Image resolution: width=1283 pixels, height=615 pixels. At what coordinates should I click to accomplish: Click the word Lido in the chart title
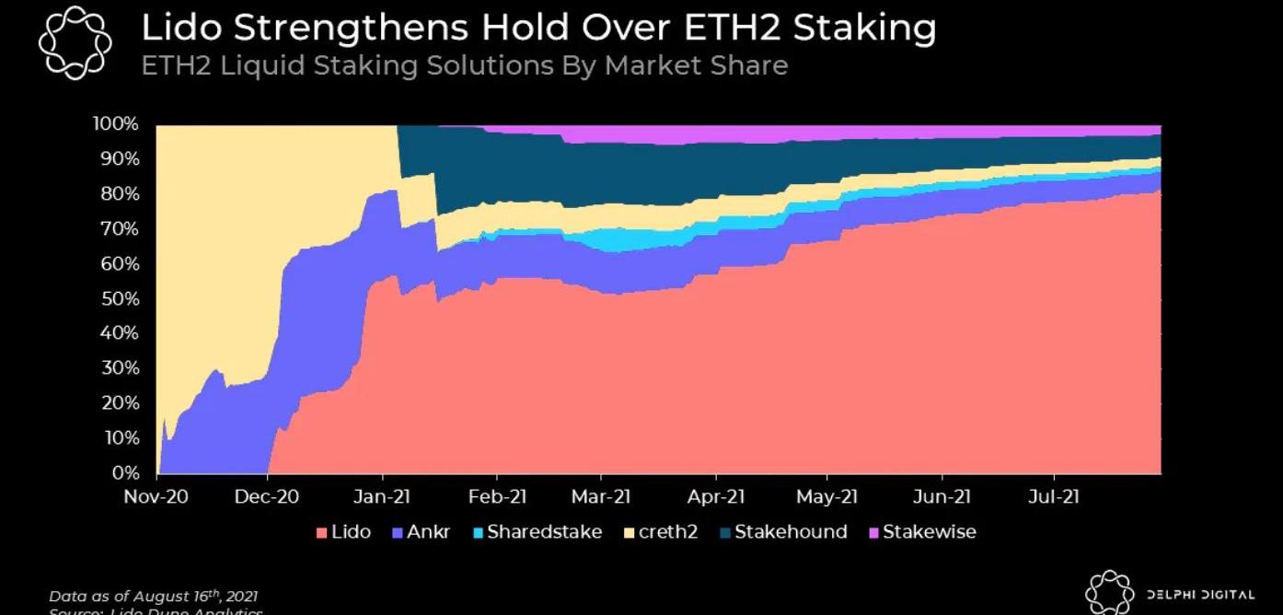(x=179, y=29)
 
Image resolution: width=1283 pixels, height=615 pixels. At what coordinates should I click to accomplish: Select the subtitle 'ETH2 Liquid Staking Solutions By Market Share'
(x=464, y=66)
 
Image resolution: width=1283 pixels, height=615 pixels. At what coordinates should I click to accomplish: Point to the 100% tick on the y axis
(x=115, y=124)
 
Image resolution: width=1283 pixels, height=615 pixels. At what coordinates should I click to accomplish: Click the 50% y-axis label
(x=119, y=299)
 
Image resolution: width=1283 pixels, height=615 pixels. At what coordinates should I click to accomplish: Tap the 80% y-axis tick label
(x=119, y=194)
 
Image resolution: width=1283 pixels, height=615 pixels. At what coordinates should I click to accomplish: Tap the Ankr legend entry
(x=421, y=532)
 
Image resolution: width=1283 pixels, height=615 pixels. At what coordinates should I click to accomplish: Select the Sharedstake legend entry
(x=536, y=532)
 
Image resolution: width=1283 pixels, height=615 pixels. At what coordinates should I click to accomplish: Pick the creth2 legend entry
(x=661, y=532)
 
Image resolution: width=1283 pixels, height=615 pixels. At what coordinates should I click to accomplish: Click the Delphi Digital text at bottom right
(x=1199, y=595)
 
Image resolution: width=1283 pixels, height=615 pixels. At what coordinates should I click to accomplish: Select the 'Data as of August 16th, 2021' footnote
(x=153, y=597)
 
